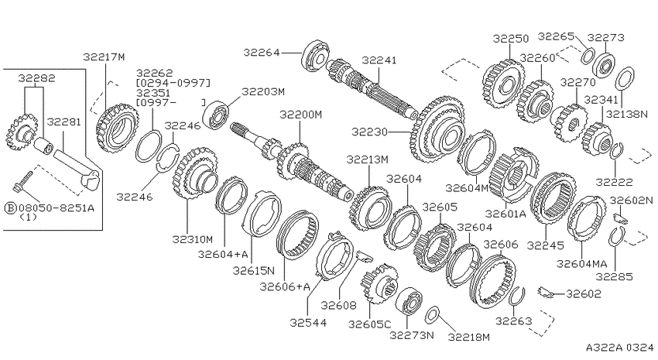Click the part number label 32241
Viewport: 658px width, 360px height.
tap(379, 60)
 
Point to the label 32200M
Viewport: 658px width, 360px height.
tap(301, 114)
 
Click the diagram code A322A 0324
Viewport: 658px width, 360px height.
tap(620, 348)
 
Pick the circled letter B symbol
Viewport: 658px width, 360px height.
tap(9, 207)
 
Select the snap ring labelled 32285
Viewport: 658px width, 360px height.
tap(615, 236)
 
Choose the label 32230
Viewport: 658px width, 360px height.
tap(370, 132)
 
